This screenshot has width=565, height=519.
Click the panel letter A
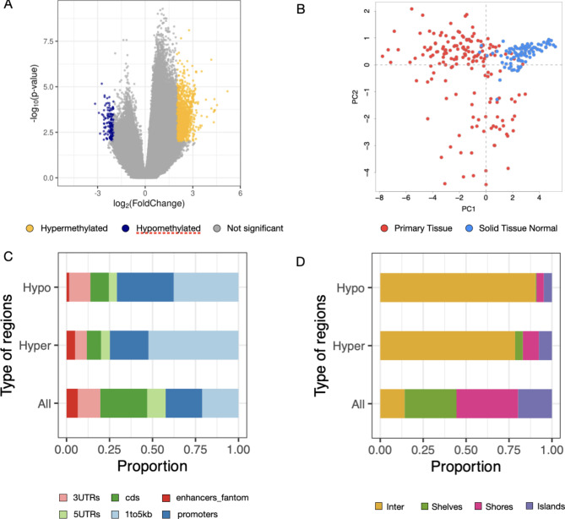7,8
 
